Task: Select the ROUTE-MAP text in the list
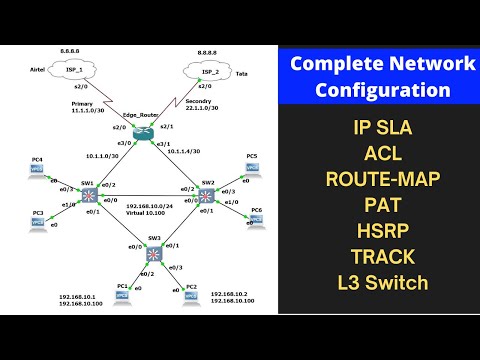pyautogui.click(x=383, y=179)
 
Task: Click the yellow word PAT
pyautogui.click(x=384, y=205)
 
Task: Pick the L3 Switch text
pyautogui.click(x=383, y=282)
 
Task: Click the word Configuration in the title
pyautogui.click(x=383, y=91)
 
